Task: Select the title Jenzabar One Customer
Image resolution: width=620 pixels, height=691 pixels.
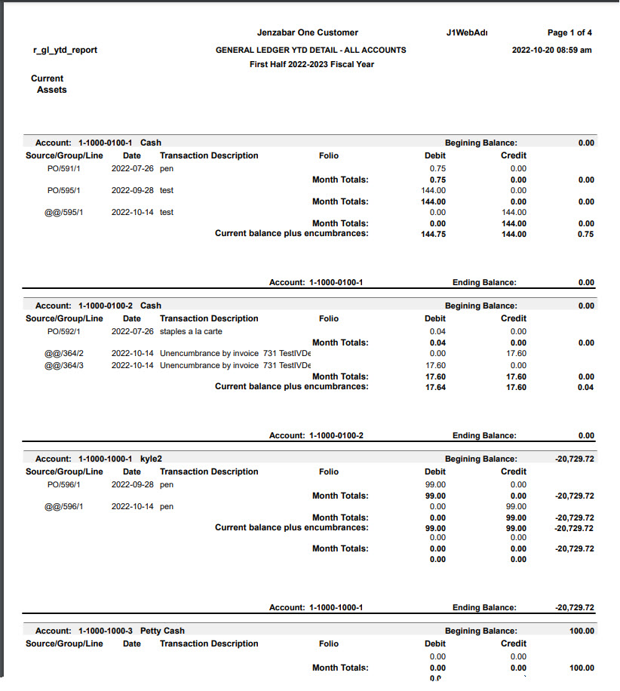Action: [x=307, y=32]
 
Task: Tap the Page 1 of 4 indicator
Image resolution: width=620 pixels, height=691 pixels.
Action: [x=569, y=32]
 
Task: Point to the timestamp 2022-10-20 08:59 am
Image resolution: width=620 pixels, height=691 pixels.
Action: [x=551, y=50]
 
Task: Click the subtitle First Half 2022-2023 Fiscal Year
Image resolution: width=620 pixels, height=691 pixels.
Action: [x=312, y=64]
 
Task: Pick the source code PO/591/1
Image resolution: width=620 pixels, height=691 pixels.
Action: [x=64, y=168]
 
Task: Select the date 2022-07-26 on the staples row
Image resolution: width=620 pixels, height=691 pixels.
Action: [x=132, y=331]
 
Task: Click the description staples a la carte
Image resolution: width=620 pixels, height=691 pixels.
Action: [x=191, y=331]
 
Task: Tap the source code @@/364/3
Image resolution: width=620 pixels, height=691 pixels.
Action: [x=64, y=365]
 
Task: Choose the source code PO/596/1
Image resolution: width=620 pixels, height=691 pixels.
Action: [x=64, y=484]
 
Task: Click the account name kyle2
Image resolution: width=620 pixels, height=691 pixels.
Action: [x=151, y=459]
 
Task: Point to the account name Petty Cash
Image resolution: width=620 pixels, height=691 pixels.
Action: [x=162, y=631]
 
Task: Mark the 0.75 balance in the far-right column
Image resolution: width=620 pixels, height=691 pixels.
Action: [x=586, y=235]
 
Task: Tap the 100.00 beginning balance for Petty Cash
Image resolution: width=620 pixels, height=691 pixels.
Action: [x=581, y=631]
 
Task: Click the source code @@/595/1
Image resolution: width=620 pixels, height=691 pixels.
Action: [x=64, y=212]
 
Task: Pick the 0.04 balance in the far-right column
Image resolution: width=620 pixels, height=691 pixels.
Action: [x=586, y=387]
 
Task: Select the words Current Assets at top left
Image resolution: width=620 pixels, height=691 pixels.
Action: [x=48, y=84]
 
